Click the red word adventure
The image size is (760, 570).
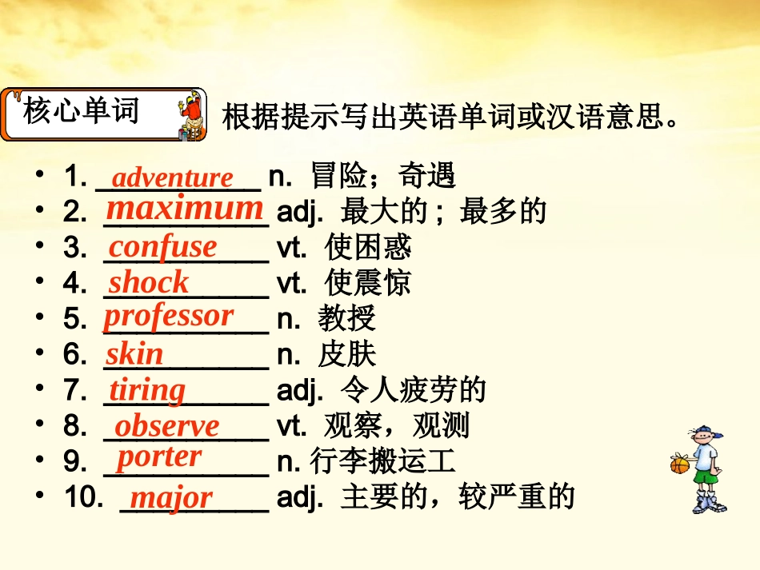172,177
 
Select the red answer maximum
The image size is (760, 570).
185,209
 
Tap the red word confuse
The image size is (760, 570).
162,247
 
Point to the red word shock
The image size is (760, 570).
148,282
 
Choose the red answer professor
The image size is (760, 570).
168,316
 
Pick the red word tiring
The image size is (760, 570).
147,390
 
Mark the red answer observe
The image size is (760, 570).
166,426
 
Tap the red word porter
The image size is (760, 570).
159,457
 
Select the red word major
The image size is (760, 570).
171,498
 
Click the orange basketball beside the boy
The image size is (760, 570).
679,464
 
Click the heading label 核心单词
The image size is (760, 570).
82,111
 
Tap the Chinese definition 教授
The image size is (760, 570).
346,319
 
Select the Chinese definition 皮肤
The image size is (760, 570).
346,354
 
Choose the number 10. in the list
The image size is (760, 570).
83,497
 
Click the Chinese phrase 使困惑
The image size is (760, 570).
368,248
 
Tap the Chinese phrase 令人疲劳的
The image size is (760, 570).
413,390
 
